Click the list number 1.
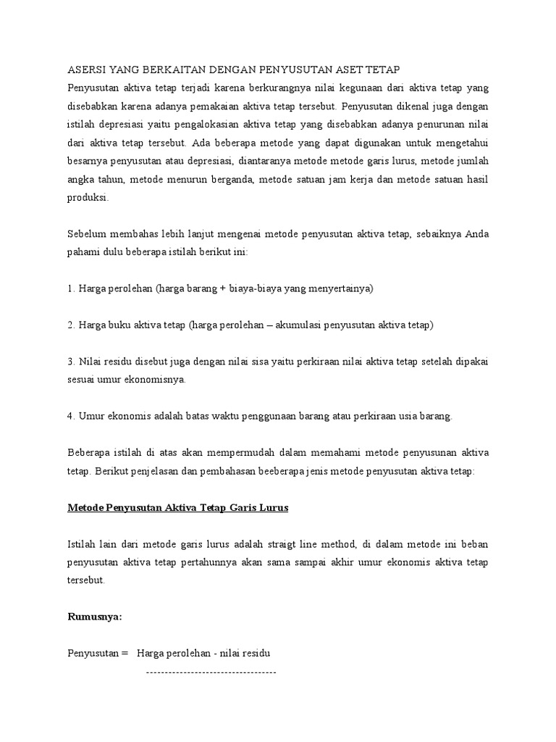click(70, 288)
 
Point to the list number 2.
click(70, 325)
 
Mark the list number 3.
click(70, 362)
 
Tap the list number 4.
click(70, 417)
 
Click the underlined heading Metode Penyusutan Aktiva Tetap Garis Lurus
click(178, 508)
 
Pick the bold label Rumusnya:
click(95, 617)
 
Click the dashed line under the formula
click(211, 673)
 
